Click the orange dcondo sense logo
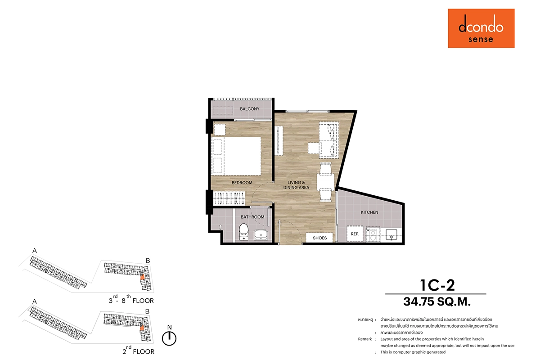click(481, 28)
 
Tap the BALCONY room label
click(249, 109)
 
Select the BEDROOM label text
click(242, 183)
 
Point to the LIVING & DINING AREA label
click(296, 185)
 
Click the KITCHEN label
click(369, 212)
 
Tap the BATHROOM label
click(252, 217)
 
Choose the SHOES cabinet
click(319, 238)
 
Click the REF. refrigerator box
click(355, 234)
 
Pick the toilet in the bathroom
click(243, 232)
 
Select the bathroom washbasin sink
click(261, 235)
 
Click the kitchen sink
click(391, 234)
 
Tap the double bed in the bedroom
click(236, 156)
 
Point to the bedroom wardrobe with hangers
click(229, 198)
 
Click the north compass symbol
click(169, 338)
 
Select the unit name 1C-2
click(437, 285)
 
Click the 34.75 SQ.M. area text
click(437, 301)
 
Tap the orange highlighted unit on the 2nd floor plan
click(142, 328)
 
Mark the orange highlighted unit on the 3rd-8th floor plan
click(143, 277)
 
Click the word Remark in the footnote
click(365, 339)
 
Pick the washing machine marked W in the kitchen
click(373, 234)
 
